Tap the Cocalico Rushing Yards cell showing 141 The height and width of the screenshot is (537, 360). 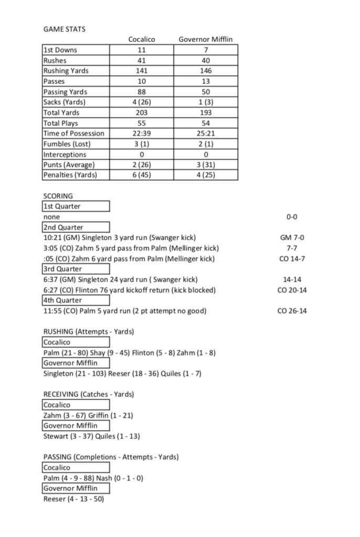[x=142, y=71]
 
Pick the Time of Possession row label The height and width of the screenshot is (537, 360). [x=73, y=133]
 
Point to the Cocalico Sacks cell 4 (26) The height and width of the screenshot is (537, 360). [x=142, y=102]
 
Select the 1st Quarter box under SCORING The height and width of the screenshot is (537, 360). [x=76, y=206]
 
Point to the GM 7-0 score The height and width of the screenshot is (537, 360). [x=293, y=238]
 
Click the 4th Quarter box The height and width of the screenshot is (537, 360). [x=76, y=300]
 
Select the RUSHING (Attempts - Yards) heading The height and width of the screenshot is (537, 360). [x=88, y=331]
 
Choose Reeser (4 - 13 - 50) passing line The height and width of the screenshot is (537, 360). [x=73, y=499]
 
